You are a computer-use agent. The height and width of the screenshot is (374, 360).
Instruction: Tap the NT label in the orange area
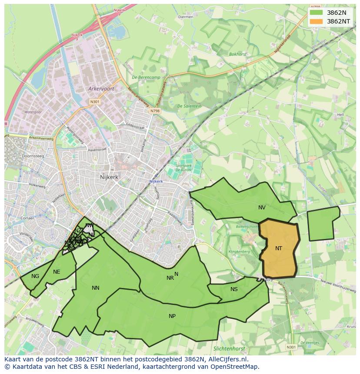click(279, 248)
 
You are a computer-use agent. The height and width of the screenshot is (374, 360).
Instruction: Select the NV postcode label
click(262, 208)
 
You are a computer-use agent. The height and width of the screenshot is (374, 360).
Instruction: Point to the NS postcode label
click(234, 289)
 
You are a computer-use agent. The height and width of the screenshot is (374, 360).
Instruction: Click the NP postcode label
click(172, 316)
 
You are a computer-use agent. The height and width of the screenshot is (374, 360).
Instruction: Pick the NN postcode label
click(96, 288)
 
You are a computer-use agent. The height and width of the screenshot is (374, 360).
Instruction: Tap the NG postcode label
click(35, 276)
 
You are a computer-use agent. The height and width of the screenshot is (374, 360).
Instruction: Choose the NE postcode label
click(57, 272)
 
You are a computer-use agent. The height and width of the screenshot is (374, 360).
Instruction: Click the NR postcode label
click(170, 278)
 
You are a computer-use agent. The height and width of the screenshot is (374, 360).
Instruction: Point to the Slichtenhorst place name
click(229, 349)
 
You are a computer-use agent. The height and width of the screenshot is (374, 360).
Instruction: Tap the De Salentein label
click(189, 106)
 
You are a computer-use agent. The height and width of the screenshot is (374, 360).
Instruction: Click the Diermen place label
click(186, 17)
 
